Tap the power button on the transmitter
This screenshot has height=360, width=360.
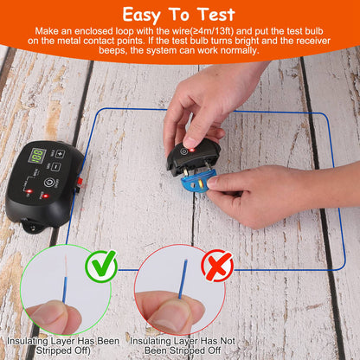pos(50,183)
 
